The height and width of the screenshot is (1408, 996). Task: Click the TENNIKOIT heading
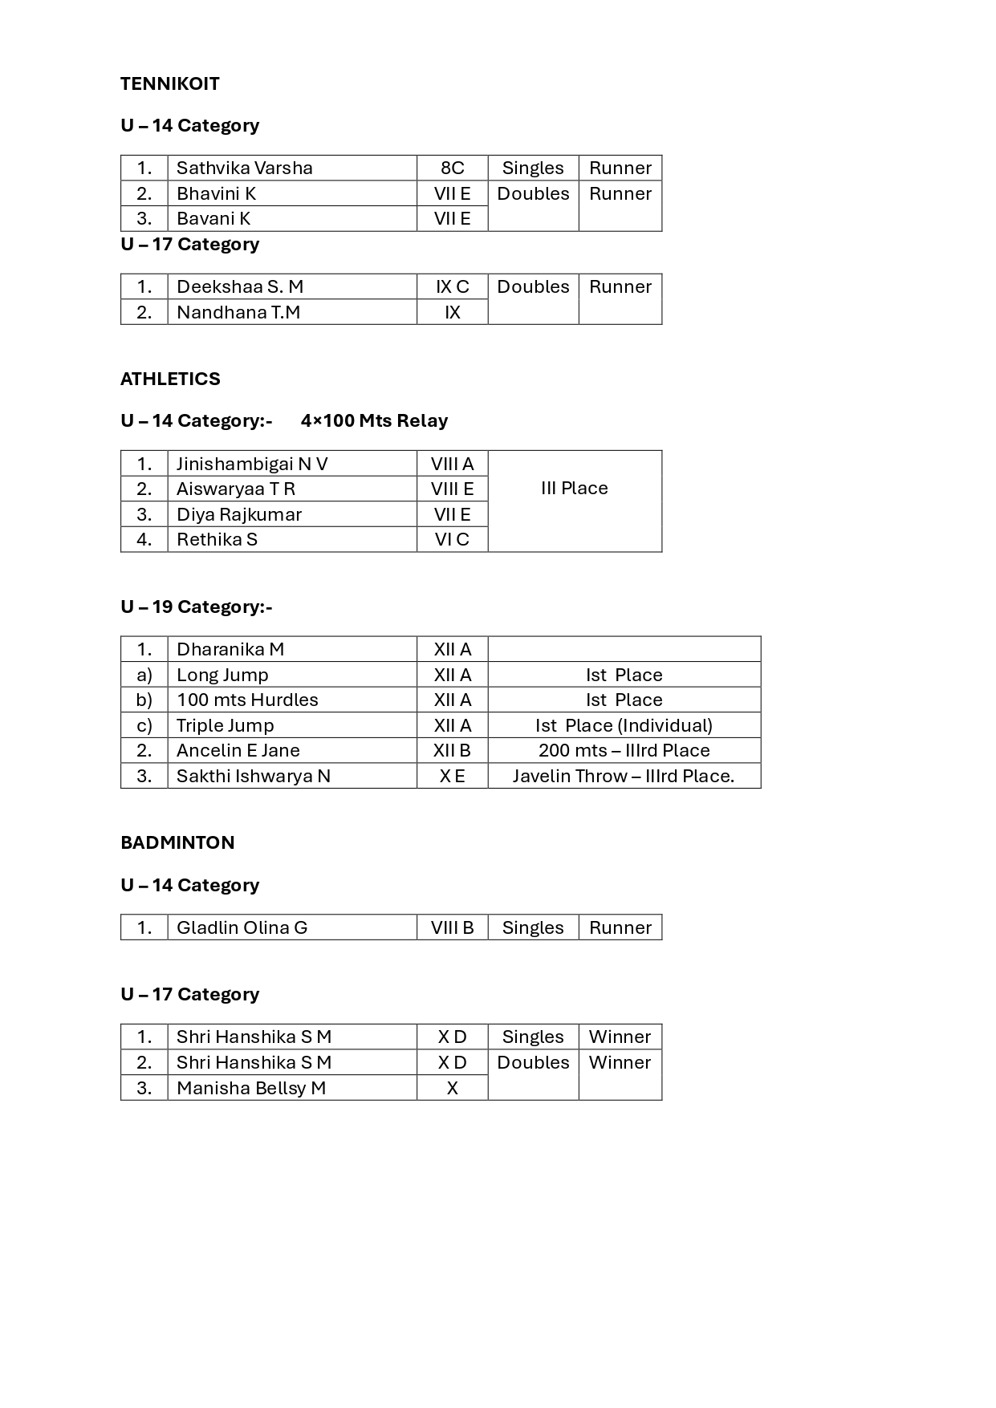click(170, 83)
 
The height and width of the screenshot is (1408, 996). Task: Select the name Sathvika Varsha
click(244, 168)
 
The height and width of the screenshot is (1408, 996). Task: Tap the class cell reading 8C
click(452, 168)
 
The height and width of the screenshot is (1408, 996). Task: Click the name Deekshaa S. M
click(240, 286)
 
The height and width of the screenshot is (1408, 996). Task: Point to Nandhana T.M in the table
click(238, 312)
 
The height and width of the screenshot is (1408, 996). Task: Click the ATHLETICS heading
click(170, 379)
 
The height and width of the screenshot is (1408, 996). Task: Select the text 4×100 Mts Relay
click(374, 420)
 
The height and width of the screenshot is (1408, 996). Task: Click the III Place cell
click(575, 488)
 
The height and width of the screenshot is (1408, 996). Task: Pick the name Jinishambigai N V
click(252, 464)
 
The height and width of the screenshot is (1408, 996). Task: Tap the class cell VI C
click(452, 539)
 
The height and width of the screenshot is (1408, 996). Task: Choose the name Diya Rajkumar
click(239, 514)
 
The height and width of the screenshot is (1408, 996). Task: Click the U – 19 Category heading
click(196, 607)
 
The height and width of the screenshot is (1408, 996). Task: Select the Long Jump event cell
click(222, 675)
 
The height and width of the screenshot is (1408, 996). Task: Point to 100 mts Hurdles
click(247, 700)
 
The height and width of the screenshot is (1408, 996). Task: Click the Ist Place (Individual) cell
click(624, 725)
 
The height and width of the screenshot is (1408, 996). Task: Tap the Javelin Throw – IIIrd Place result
click(624, 776)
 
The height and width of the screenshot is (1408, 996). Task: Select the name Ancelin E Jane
click(238, 750)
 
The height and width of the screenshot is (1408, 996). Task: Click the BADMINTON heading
click(177, 842)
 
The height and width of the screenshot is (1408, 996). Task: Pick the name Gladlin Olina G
click(242, 927)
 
